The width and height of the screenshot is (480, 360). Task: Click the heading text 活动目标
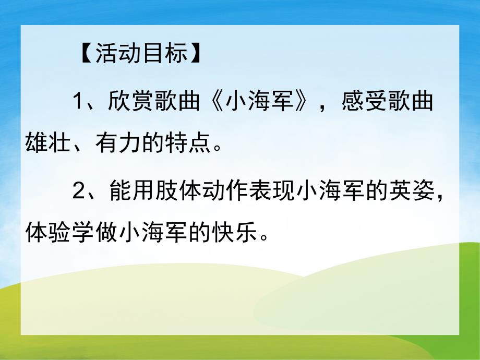[x=141, y=54]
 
